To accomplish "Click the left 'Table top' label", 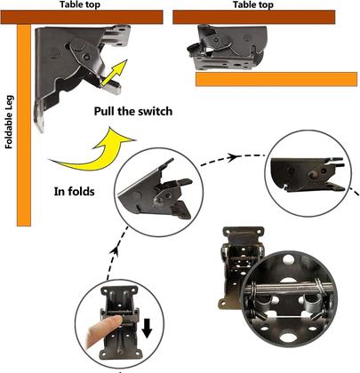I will pyautogui.click(x=79, y=5).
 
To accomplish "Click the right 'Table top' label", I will pyautogui.click(x=252, y=5).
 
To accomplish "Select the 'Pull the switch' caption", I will pyautogui.click(x=134, y=111).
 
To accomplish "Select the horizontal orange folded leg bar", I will pyautogui.click(x=276, y=80).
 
